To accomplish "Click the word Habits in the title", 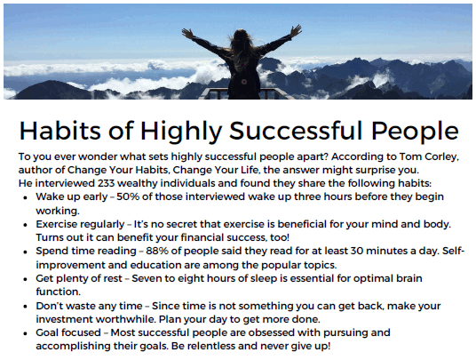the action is tap(59, 131).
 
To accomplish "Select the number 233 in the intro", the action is tap(106, 183).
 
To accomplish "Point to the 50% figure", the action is tap(128, 196).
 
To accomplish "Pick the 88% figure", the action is tap(157, 251).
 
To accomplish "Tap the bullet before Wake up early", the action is tap(25, 197).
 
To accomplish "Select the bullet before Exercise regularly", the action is tap(25, 225).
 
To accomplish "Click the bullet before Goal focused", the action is tap(25, 333).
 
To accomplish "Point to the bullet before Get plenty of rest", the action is tap(25, 279).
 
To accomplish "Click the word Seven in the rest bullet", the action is tap(147, 278).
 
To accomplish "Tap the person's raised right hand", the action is tap(296, 30).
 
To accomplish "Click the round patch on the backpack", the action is tap(243, 82).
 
